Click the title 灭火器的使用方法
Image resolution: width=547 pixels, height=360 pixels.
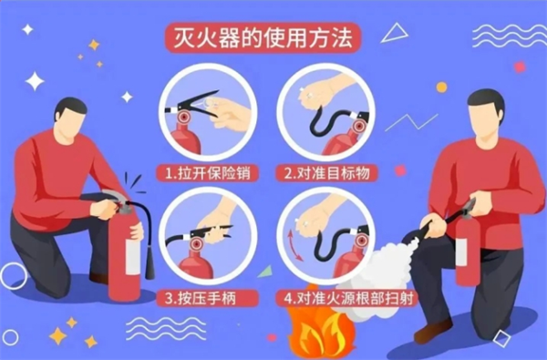click(x=263, y=37)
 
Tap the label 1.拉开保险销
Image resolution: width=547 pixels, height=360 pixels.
click(x=208, y=172)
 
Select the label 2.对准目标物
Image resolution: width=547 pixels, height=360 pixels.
click(x=326, y=172)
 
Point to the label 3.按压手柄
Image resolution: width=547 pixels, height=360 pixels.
click(x=201, y=298)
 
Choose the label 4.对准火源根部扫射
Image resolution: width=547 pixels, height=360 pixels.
click(x=348, y=298)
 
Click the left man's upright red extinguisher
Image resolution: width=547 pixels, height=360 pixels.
click(x=124, y=256)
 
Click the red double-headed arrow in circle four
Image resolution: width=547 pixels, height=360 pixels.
click(x=294, y=245)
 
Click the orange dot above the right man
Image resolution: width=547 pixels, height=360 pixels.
click(x=441, y=87)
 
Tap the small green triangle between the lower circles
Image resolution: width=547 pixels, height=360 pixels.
click(x=266, y=272)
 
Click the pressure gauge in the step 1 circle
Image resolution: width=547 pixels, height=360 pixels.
click(x=184, y=117)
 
